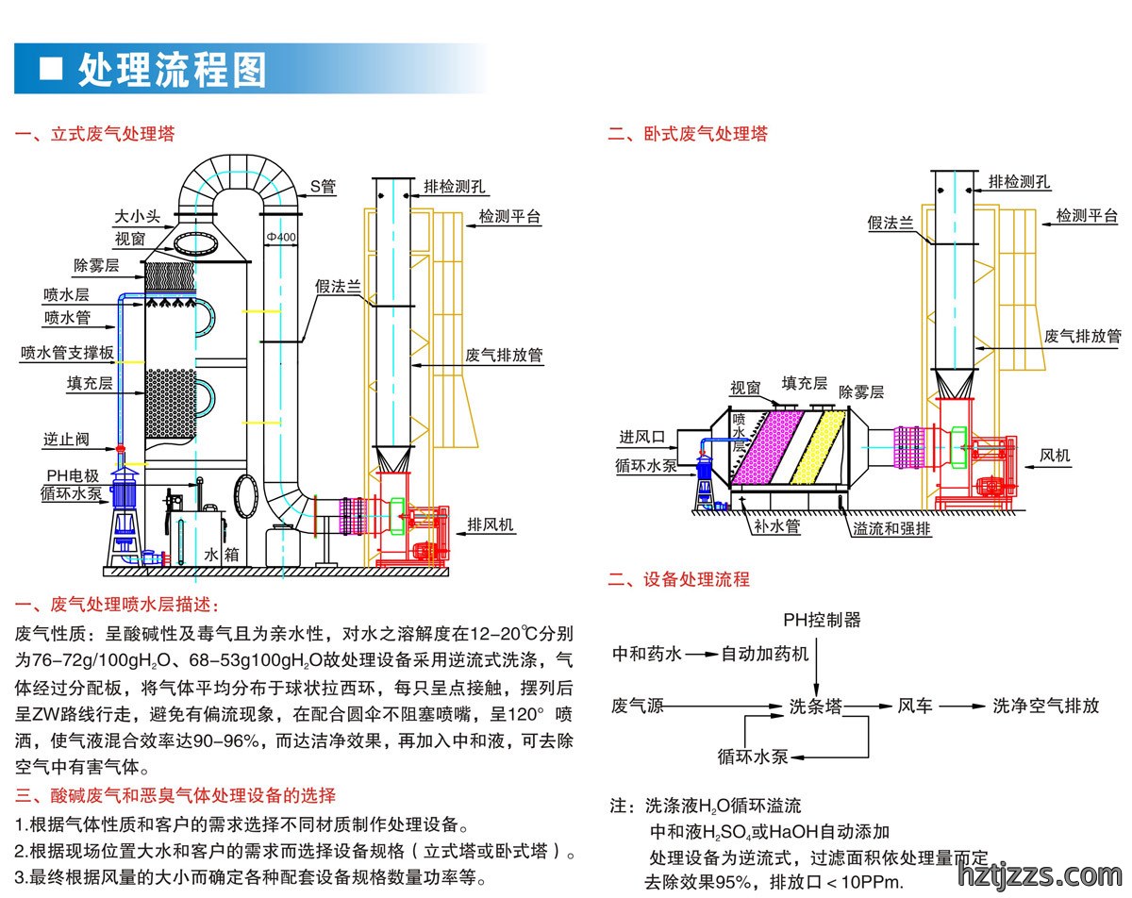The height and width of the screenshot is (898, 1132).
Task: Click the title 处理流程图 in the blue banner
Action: click(x=173, y=70)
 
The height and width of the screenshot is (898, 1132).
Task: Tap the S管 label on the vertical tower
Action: click(x=323, y=187)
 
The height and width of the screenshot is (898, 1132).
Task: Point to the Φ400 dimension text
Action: click(x=281, y=238)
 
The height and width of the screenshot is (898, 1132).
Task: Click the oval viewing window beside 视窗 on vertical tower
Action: click(x=195, y=243)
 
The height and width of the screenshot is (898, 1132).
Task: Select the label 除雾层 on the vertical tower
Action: click(x=96, y=265)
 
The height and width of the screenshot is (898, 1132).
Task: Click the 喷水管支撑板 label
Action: click(x=67, y=353)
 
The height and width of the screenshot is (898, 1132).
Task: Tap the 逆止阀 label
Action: click(x=66, y=440)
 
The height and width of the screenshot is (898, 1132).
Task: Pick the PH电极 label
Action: click(x=73, y=475)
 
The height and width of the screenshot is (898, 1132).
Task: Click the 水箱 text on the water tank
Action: click(x=221, y=555)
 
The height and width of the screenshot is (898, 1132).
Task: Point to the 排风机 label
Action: click(x=491, y=524)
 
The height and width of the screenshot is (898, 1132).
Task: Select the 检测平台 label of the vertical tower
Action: click(x=509, y=216)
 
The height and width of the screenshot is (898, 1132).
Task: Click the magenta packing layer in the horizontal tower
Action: click(x=769, y=448)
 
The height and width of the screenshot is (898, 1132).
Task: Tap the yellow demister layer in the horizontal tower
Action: click(x=817, y=448)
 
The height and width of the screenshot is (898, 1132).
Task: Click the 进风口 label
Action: click(x=641, y=437)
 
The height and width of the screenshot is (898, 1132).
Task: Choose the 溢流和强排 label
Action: click(x=891, y=528)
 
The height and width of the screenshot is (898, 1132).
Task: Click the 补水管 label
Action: click(x=777, y=525)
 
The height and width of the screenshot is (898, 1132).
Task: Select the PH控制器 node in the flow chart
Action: click(x=822, y=620)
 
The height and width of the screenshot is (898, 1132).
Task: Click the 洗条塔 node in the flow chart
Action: click(x=816, y=706)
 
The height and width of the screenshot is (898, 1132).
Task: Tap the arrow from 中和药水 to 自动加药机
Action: click(x=702, y=655)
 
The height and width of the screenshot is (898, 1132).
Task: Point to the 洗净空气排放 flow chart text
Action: click(x=1046, y=706)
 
